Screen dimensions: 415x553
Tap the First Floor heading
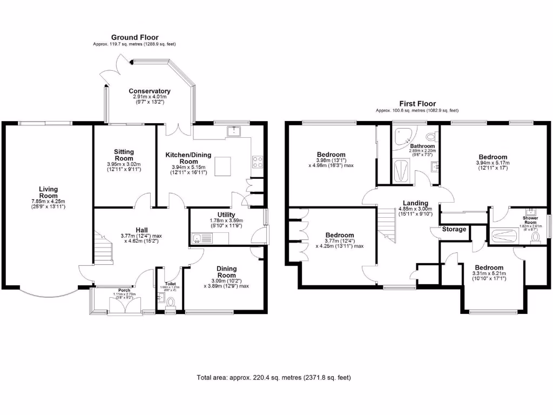click(x=417, y=104)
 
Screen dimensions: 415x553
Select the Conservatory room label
click(x=150, y=91)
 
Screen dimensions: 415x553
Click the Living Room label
click(x=48, y=192)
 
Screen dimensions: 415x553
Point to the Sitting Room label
click(x=124, y=155)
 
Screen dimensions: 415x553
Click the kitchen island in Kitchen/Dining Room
click(x=224, y=166)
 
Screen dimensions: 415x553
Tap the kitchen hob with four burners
click(x=257, y=160)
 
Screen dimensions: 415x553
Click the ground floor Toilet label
click(x=171, y=283)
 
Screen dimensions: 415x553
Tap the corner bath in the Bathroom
click(x=402, y=137)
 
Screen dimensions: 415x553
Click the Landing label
click(x=415, y=203)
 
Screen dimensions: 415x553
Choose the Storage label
click(x=454, y=229)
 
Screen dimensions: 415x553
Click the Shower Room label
click(x=530, y=220)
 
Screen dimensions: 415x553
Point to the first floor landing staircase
click(x=387, y=223)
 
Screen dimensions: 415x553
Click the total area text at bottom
click(x=276, y=378)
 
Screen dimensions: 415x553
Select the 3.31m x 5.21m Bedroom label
click(x=489, y=267)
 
